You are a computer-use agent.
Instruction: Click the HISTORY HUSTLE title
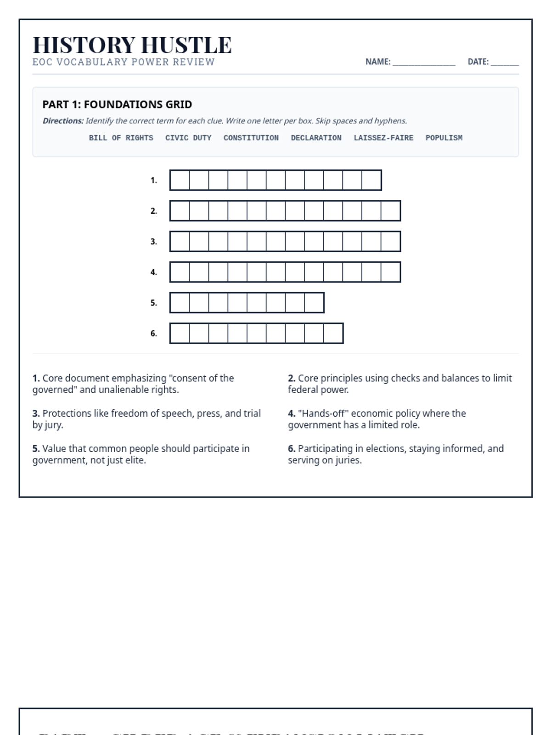(132, 45)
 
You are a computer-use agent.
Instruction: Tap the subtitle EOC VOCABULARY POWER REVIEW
(124, 62)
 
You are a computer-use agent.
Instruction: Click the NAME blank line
(424, 62)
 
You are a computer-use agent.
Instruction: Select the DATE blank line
(505, 62)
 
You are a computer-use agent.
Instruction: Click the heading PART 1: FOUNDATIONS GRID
(117, 104)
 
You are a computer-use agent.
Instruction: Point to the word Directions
(63, 121)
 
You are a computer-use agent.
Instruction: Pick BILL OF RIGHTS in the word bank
(121, 138)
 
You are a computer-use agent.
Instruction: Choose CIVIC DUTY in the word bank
(188, 138)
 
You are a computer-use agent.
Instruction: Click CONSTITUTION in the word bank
(251, 138)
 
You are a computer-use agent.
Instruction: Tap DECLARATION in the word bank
(316, 138)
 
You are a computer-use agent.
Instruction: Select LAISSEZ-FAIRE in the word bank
(383, 138)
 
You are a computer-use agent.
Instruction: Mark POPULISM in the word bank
(444, 138)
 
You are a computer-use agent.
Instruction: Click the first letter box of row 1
(180, 180)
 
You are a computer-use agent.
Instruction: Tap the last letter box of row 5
(314, 303)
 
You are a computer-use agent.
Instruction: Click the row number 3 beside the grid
(153, 242)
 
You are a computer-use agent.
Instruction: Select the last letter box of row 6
(333, 334)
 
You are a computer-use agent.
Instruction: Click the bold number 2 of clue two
(291, 378)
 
